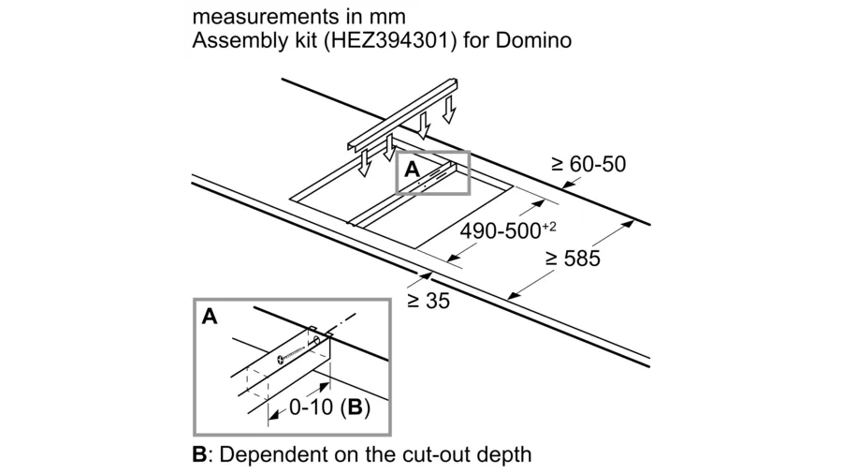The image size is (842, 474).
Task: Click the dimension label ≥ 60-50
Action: click(x=588, y=164)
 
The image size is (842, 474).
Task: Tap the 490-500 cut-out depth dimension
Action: click(x=507, y=230)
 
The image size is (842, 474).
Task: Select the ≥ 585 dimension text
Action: click(x=573, y=259)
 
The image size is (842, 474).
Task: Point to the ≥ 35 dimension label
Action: click(x=428, y=301)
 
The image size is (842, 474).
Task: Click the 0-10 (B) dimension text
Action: click(x=329, y=407)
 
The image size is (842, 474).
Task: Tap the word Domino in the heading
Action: click(x=533, y=40)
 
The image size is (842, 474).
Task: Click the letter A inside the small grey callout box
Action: click(x=412, y=170)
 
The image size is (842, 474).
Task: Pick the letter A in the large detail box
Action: click(x=210, y=317)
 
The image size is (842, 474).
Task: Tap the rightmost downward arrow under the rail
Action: click(x=449, y=110)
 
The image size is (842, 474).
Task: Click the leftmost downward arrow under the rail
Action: click(x=364, y=163)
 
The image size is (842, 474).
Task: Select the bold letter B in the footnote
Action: click(x=199, y=454)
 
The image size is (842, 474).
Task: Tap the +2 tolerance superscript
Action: click(x=549, y=227)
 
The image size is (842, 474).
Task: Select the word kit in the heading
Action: click(x=304, y=40)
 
